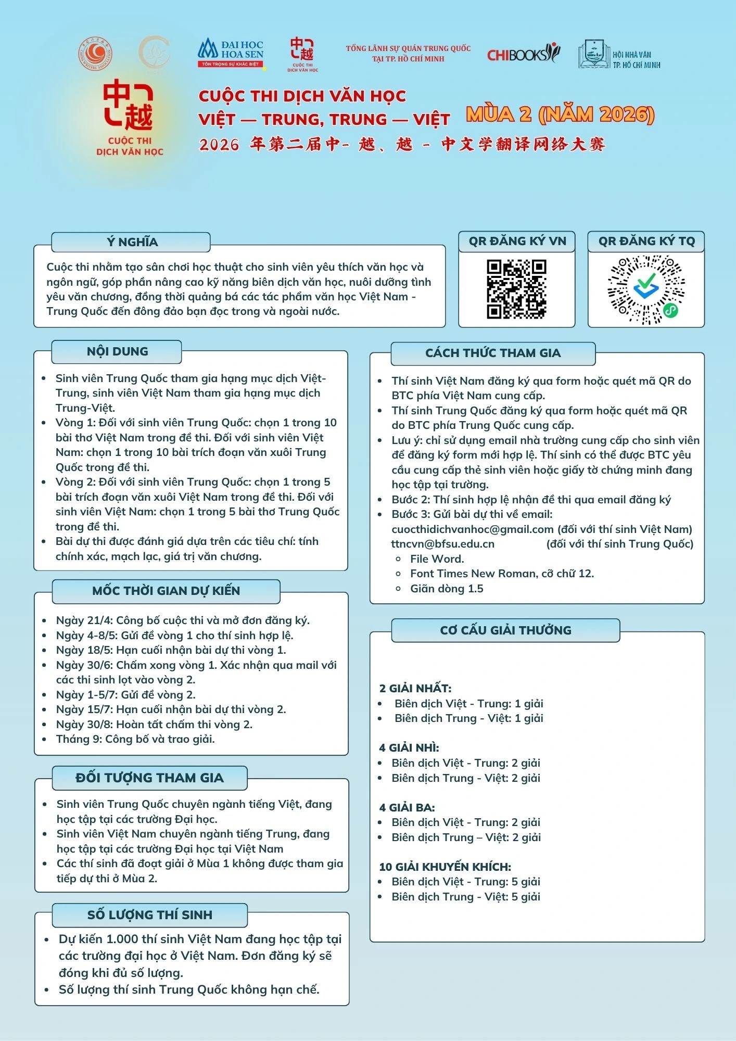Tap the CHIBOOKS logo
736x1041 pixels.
[523, 53]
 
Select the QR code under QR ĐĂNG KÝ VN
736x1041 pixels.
[516, 289]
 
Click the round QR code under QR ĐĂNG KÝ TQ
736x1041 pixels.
[646, 289]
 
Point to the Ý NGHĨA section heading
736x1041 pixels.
[132, 242]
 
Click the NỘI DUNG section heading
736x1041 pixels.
[117, 351]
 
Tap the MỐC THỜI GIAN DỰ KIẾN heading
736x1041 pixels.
[166, 591]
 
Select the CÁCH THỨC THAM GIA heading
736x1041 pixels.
[492, 353]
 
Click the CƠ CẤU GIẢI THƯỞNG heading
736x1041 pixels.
[505, 630]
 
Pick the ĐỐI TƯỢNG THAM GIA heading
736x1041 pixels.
[149, 778]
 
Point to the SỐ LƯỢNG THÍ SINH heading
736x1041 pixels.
[149, 915]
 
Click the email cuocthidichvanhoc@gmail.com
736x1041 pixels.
[472, 529]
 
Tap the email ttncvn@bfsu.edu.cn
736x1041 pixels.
[442, 544]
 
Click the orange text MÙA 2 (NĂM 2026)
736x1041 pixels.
[560, 115]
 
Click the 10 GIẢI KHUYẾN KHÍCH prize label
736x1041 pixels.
[445, 867]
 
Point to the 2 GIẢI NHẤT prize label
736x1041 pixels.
[415, 689]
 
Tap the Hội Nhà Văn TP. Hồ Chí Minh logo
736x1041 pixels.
[619, 55]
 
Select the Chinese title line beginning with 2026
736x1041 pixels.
[402, 144]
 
